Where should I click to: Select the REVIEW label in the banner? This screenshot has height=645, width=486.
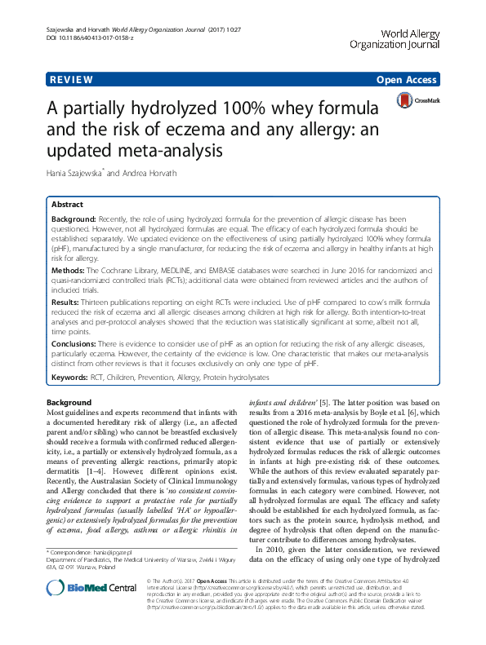pos(69,81)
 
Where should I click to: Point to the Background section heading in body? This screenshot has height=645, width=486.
pos(69,403)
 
